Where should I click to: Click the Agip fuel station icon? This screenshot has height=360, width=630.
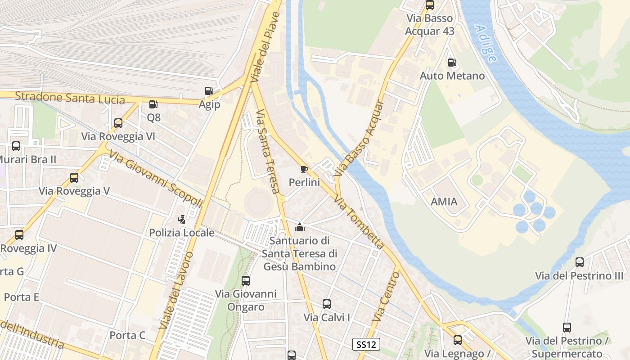coord(209,91)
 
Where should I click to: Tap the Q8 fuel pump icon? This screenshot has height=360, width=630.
coord(153,104)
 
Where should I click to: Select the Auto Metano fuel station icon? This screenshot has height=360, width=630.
coord(452,63)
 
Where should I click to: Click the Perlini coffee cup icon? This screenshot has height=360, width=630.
coord(304,169)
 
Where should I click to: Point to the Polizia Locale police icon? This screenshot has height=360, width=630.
coord(182,220)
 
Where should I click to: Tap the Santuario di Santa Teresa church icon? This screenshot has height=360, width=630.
coord(299,228)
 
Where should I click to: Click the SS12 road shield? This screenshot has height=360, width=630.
coord(366,345)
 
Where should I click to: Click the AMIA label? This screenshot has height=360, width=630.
coord(444,202)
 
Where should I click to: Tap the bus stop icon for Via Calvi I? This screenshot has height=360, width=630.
coord(327,304)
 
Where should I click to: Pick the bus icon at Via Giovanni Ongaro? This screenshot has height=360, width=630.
coord(246,281)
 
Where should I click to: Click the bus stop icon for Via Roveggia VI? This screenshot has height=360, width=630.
coord(118,123)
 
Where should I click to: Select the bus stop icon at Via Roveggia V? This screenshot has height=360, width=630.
coord(74,178)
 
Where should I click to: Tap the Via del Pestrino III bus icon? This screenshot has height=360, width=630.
coord(580,262)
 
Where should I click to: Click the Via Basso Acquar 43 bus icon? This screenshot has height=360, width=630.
coord(430,5)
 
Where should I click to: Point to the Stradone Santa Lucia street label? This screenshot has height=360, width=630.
coord(70,97)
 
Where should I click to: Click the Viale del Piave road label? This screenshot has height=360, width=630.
coord(265,47)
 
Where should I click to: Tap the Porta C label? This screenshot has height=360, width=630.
coord(128,335)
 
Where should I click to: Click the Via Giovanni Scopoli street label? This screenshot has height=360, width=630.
coord(156,179)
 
